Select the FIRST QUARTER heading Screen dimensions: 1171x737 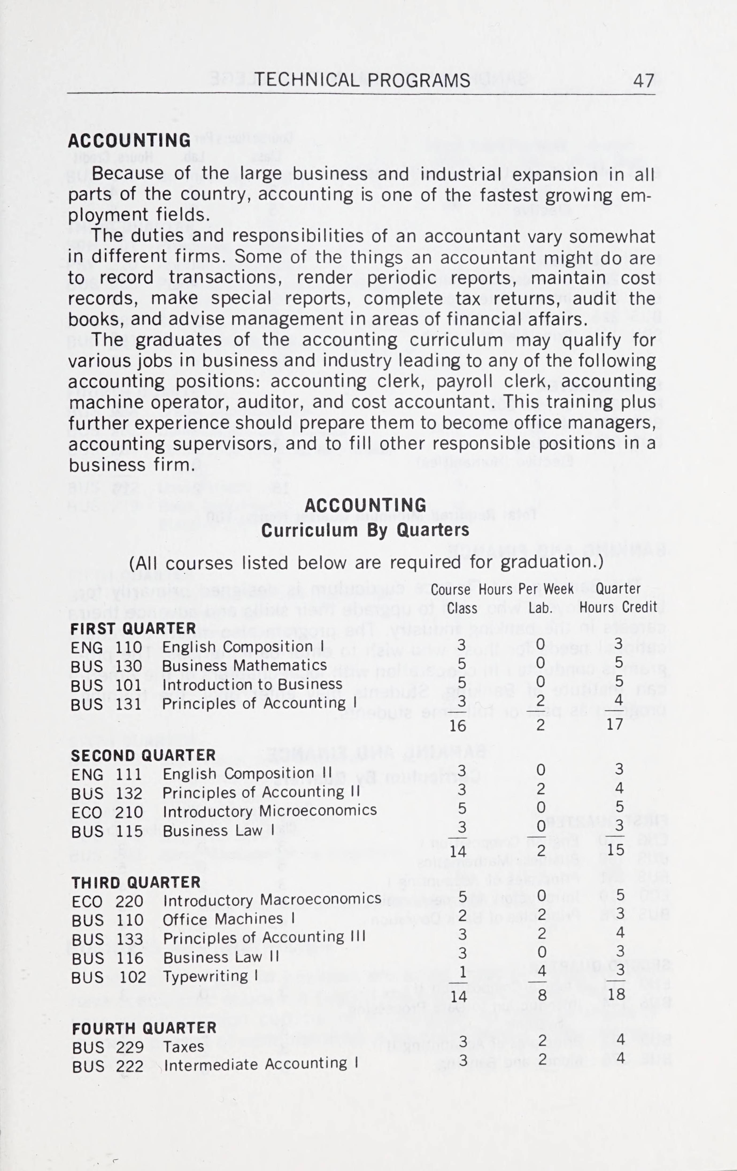[x=133, y=629]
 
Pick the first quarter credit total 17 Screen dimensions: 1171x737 [x=615, y=724]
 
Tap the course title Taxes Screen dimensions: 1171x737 [x=183, y=1046]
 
